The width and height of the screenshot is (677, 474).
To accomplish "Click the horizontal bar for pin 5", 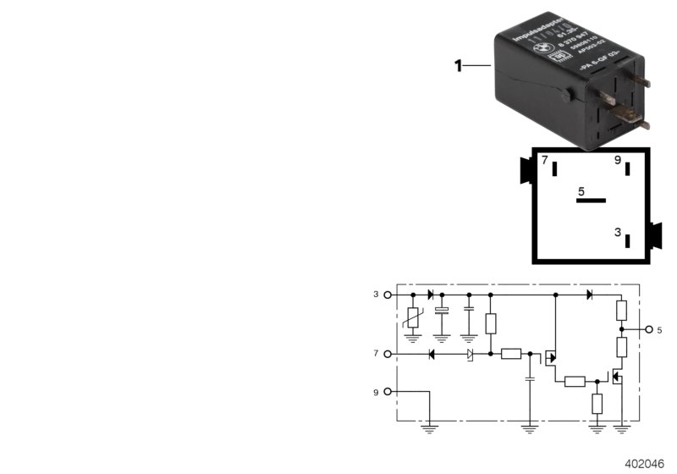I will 592,201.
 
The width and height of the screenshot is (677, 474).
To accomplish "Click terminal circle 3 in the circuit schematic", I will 388,295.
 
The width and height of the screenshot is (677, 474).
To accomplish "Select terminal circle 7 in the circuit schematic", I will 388,353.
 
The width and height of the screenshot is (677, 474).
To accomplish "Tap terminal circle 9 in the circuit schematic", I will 388,392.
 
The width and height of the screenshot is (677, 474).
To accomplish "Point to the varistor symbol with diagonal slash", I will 413,319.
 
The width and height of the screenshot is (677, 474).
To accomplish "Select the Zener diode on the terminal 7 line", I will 469,353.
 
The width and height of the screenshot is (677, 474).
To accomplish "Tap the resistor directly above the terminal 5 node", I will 620,311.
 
